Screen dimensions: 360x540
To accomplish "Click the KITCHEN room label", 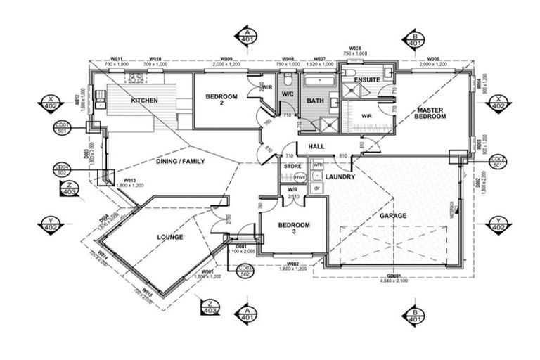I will coord(144,101).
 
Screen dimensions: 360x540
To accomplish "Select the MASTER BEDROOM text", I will coord(430,113).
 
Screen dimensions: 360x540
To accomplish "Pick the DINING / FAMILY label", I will coord(180,161).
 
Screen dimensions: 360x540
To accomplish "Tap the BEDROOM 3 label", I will coord(293,229).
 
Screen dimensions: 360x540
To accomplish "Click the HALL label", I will coord(316,146).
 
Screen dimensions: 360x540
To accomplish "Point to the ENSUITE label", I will coord(367,79).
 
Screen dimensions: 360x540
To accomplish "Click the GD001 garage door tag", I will coord(397,276).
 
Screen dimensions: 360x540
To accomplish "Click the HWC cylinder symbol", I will coord(300,178).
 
